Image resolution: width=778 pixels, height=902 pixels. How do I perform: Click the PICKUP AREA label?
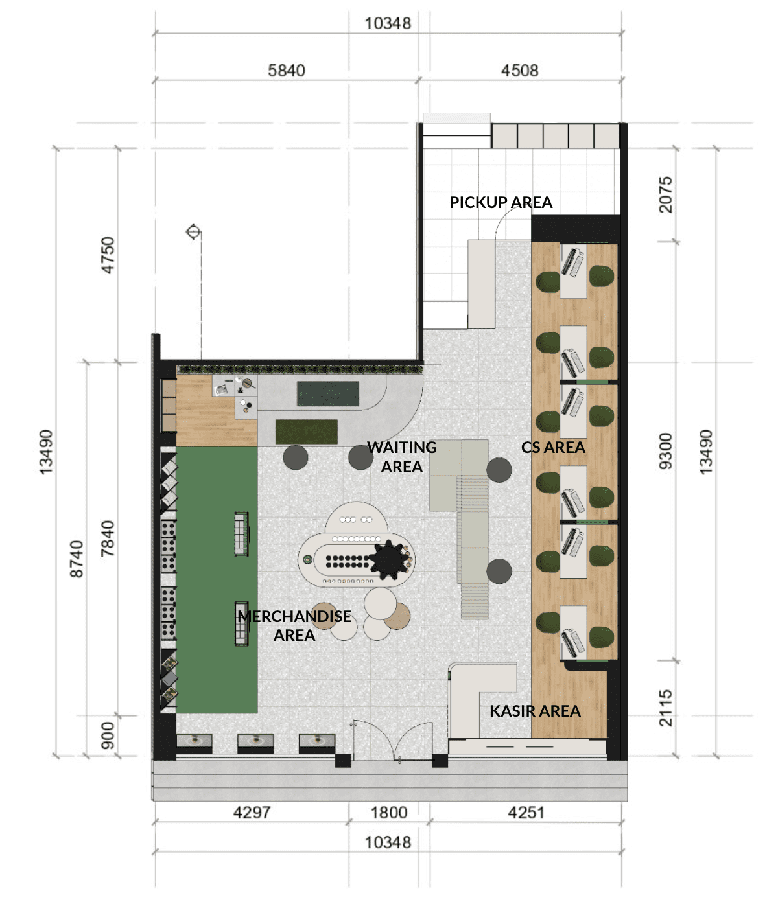tap(501, 202)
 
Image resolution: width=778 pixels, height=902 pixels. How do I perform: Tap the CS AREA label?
tap(553, 447)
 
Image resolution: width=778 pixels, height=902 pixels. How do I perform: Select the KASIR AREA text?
tap(535, 711)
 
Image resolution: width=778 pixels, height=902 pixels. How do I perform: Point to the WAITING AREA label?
tap(402, 457)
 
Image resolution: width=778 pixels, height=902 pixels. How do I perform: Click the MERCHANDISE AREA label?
tap(294, 625)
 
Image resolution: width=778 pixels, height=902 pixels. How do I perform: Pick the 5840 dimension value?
tap(287, 70)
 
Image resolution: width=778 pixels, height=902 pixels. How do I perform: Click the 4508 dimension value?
tap(519, 70)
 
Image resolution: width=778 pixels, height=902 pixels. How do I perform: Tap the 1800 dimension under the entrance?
tap(388, 813)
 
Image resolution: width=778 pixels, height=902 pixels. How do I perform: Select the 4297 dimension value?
tap(252, 813)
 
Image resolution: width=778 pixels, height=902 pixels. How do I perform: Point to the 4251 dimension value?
tap(526, 813)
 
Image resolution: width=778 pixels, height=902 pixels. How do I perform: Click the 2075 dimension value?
tap(665, 194)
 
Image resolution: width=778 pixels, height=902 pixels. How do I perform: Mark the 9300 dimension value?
tap(665, 451)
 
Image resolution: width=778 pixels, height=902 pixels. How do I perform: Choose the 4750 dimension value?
tap(108, 255)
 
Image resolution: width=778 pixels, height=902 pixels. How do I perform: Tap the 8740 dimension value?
tap(77, 559)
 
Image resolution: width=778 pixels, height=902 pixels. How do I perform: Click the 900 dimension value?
tap(108, 735)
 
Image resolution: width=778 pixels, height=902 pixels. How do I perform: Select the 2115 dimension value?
tap(665, 708)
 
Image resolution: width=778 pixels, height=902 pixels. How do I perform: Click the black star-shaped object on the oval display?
tap(389, 559)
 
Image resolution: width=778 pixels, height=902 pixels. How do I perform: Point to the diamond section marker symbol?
tap(193, 231)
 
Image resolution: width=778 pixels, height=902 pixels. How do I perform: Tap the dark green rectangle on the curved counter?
tap(328, 393)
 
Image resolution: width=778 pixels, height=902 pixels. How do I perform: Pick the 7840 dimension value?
tap(108, 538)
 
